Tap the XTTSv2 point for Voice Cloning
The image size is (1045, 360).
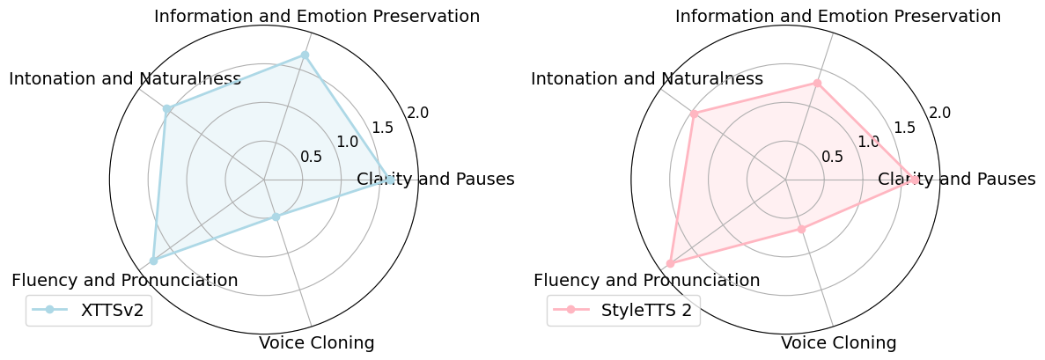coord(276,217)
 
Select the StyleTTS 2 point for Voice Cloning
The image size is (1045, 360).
coord(801,229)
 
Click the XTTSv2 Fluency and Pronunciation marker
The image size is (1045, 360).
coord(153,261)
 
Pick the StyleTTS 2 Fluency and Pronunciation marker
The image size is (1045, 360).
coord(671,263)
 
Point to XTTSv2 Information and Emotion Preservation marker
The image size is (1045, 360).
coord(305,55)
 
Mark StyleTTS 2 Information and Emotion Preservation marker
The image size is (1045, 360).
coord(817,84)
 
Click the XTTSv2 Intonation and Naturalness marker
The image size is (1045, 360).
coord(166,109)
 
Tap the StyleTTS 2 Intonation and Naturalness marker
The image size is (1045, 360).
coord(694,114)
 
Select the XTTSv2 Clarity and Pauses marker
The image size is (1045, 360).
coord(389,180)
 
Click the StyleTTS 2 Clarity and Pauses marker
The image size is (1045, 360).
coord(914,180)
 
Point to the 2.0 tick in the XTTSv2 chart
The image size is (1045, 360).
coord(418,113)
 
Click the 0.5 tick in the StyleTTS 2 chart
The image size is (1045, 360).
coord(832,157)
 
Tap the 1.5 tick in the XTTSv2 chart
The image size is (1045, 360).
coord(383,128)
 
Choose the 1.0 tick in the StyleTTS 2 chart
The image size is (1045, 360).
coord(869,142)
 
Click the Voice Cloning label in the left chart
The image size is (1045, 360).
coord(316,342)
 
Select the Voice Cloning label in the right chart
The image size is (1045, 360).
coord(838,342)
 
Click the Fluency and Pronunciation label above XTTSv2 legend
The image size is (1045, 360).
coord(124,280)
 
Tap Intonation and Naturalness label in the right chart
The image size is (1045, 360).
coord(646,78)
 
